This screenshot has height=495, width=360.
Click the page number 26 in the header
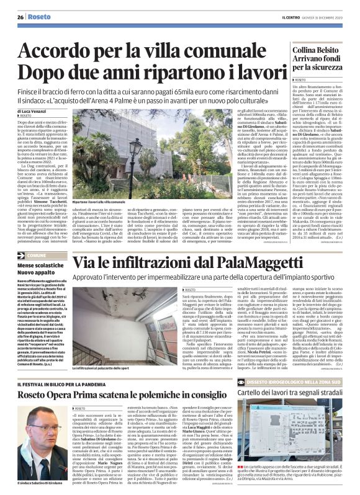pos(20,17)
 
